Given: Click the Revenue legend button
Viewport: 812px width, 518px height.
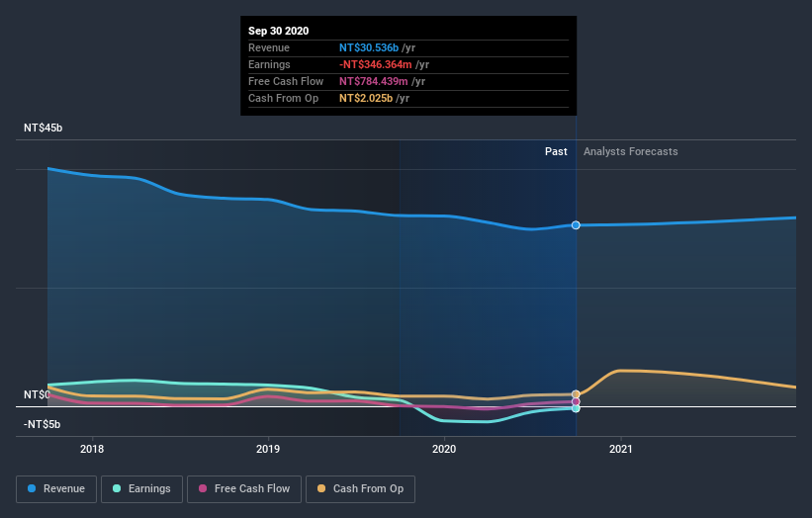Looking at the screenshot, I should coord(57,488).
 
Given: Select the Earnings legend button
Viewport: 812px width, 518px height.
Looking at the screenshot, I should coord(142,488).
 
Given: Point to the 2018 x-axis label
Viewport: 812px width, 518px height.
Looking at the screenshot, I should coord(92,449).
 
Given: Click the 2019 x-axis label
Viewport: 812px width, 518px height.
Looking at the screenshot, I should coord(268,449).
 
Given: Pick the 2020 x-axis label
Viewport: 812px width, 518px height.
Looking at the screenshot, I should coord(444,449).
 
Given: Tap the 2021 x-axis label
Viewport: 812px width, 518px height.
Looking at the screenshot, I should coord(620,449).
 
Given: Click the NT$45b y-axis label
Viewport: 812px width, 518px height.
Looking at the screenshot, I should coord(44,129).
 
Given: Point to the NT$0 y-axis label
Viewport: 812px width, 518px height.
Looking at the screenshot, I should coord(37,394).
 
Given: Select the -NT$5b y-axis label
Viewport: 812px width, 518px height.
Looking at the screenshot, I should coord(43,424).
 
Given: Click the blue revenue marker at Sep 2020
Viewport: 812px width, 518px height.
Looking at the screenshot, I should coord(576,225).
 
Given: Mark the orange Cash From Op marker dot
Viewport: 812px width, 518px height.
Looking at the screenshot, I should coord(576,394).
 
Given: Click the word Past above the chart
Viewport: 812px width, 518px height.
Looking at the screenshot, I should coord(556,151).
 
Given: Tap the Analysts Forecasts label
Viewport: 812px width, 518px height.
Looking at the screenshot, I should coord(631,151).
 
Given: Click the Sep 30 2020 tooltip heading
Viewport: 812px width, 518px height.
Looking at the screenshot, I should coord(278,31).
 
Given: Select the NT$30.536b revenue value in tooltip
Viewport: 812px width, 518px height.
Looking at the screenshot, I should coord(369,47).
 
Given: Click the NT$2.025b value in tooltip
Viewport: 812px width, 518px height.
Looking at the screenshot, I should coord(365,98).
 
